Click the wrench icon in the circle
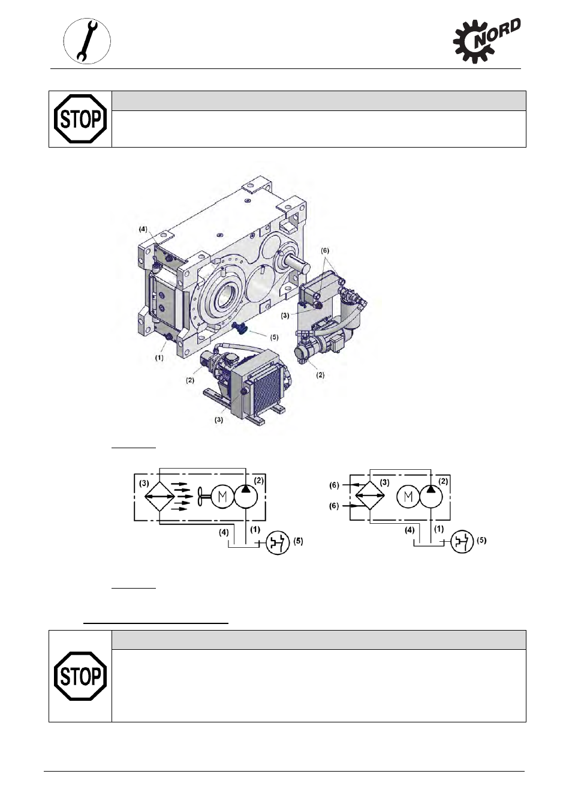tap(87, 41)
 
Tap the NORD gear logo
tap(487, 41)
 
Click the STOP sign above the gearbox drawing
tap(80, 119)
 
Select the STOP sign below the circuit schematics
tap(80, 676)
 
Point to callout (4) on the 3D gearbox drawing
tap(143, 229)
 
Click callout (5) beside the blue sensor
tap(274, 337)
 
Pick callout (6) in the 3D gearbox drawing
tap(325, 250)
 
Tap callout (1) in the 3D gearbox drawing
tap(159, 358)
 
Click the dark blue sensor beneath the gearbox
tap(240, 327)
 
